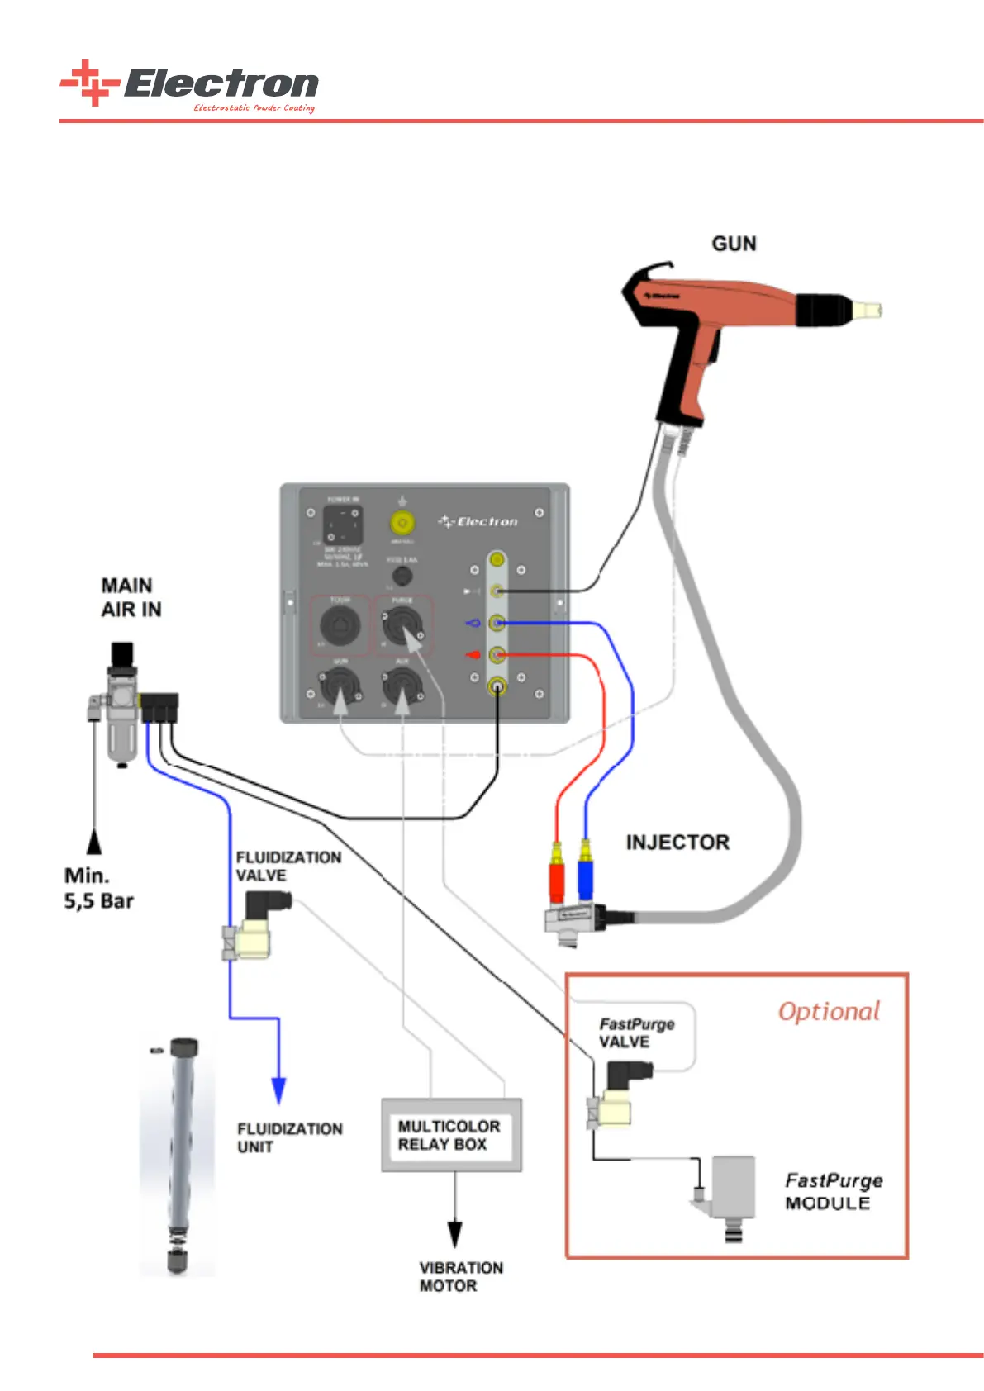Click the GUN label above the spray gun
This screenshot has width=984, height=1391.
point(734,244)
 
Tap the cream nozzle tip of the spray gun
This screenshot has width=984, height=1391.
point(868,311)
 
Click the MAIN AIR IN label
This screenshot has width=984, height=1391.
point(131,597)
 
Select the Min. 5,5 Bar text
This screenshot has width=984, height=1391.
point(98,888)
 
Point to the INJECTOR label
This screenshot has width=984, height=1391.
point(677,843)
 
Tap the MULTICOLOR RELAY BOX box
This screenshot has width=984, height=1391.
point(450,1135)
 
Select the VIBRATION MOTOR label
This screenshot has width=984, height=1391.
point(460,1276)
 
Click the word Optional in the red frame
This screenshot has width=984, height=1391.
point(829,1011)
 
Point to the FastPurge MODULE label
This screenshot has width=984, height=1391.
point(833,1191)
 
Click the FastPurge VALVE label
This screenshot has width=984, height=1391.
point(636,1033)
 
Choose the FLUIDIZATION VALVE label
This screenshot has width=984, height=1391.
point(288,866)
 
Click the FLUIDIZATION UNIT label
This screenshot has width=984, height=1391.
point(289,1137)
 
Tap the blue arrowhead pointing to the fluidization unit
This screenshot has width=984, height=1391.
point(278,1090)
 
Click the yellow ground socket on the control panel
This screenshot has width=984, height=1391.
point(402,523)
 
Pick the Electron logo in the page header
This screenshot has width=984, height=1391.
point(190,85)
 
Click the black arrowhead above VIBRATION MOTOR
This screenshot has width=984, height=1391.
point(454,1234)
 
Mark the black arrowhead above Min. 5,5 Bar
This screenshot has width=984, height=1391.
point(95,842)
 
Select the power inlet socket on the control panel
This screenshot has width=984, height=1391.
point(342,525)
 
